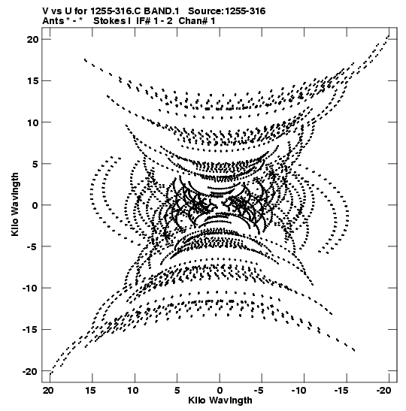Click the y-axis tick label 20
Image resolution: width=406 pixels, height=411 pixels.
point(32,39)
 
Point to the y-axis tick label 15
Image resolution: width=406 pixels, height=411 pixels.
point(33,80)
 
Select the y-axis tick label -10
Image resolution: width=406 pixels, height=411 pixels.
point(30,288)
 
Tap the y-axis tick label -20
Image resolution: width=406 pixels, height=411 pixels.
point(30,371)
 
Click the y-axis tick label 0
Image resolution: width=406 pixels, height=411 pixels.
point(35,205)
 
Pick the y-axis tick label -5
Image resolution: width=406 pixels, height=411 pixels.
point(33,246)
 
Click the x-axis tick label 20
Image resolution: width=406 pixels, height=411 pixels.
point(48,391)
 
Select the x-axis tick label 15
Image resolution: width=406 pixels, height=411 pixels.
point(91,391)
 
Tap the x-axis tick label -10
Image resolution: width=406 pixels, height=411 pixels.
point(299,391)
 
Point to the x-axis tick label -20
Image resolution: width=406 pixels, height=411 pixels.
point(384,391)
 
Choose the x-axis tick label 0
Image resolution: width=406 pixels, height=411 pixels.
point(220,391)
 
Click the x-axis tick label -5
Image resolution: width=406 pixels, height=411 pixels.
point(259,391)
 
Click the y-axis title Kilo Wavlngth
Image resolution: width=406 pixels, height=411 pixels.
point(15,204)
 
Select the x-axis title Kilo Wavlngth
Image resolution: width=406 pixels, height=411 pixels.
point(220,400)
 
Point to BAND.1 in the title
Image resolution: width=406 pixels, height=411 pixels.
point(162,11)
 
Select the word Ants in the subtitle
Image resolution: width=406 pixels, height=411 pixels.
point(53,21)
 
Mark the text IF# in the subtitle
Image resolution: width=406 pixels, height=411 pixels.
point(143,21)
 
